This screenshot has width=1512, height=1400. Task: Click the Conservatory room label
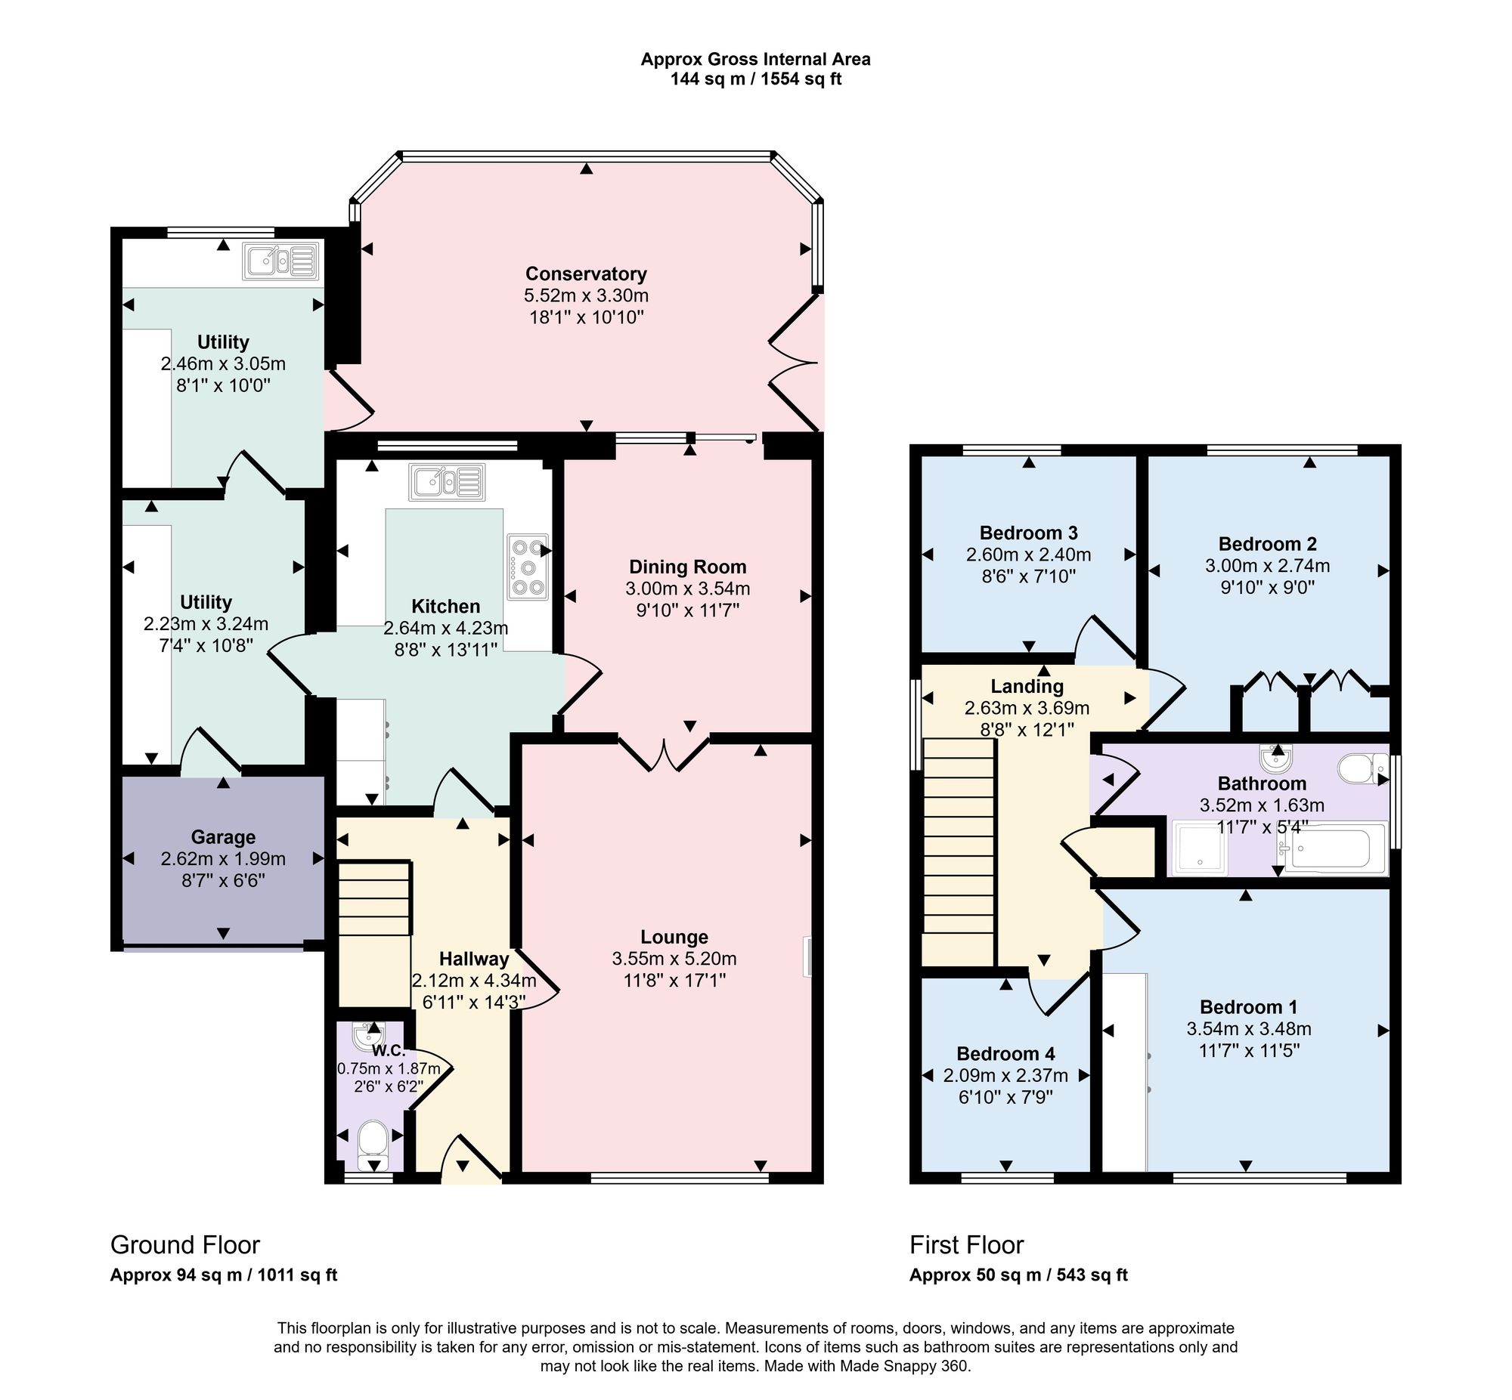pos(586,274)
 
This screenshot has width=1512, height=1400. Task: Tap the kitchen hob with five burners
pos(529,567)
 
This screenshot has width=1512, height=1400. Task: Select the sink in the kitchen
pos(446,482)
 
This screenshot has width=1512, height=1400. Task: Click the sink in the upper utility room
pos(280,261)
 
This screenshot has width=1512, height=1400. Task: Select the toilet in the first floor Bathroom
pos(1363,768)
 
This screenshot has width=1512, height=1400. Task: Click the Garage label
pos(223,837)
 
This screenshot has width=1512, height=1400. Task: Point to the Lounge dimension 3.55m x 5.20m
pos(674,958)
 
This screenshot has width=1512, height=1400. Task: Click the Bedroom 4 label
pos(1005,1054)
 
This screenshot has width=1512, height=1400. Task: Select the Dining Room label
pos(687,567)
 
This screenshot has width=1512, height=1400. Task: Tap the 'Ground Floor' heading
pos(185,1244)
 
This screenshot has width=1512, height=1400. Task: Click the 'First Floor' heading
pos(966,1244)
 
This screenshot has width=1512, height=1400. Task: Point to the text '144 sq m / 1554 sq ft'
pos(755,79)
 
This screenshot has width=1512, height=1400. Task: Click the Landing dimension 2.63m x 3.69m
pos(1027,709)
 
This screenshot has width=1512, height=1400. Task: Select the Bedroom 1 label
pos(1249,1007)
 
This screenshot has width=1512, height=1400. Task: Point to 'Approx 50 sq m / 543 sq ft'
pos(1018,1275)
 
